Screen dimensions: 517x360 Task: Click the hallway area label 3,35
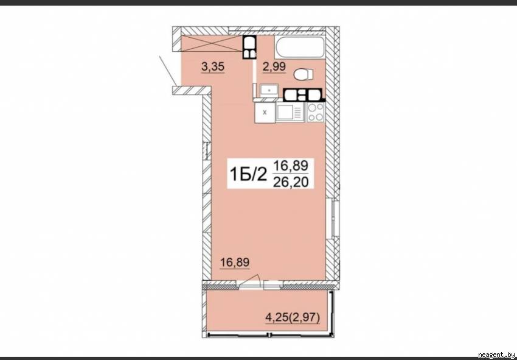click(x=213, y=67)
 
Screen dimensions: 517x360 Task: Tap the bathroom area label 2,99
click(x=274, y=67)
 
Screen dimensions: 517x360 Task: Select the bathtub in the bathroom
click(x=300, y=48)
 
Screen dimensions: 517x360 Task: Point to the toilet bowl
click(x=304, y=74)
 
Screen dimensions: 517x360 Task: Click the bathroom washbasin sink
click(x=269, y=90)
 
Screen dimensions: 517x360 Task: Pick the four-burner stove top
click(x=316, y=112)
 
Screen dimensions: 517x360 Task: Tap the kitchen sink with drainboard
click(x=290, y=112)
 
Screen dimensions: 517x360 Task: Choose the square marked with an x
click(x=265, y=112)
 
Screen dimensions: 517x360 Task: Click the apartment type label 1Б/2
click(x=248, y=174)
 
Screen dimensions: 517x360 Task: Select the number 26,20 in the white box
click(x=291, y=182)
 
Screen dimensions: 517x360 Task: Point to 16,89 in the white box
click(x=291, y=165)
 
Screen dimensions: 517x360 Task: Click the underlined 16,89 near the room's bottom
click(x=235, y=263)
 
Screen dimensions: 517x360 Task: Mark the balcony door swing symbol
click(x=252, y=280)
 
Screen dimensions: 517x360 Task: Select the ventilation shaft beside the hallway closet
click(x=249, y=48)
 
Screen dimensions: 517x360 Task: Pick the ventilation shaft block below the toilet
click(x=304, y=95)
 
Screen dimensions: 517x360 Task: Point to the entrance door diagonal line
click(x=167, y=70)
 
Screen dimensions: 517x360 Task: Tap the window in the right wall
click(x=333, y=218)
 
